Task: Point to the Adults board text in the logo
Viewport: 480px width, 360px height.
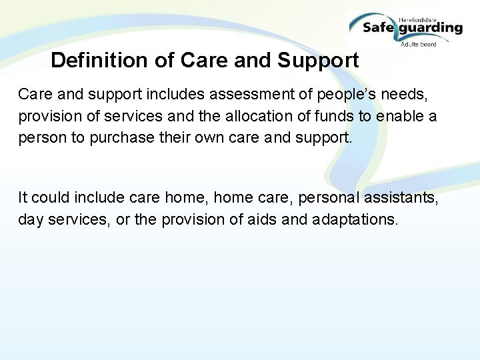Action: pyautogui.click(x=419, y=45)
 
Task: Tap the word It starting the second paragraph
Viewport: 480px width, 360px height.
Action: pyautogui.click(x=23, y=198)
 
